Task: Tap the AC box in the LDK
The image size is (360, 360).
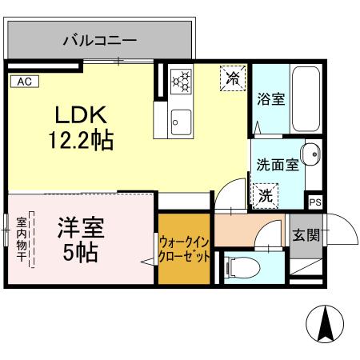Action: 23,81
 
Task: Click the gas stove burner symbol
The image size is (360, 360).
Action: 182,79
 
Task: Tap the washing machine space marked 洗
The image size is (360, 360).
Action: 265,193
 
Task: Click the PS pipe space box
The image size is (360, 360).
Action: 315,202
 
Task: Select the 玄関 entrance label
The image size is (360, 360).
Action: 305,235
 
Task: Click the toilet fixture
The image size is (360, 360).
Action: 238,270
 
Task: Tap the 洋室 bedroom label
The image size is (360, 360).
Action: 79,226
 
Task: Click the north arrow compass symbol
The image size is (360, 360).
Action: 326,326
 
